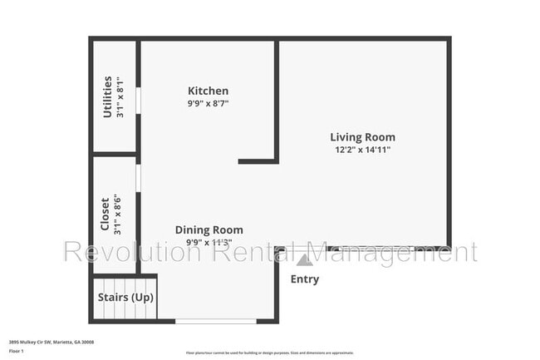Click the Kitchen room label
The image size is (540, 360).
coord(208,91)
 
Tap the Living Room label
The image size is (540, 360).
coord(362,137)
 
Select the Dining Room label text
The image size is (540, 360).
coord(209,230)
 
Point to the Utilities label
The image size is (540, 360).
coord(107,96)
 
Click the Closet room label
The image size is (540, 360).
coord(105,214)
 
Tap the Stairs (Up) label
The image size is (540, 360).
coord(125,297)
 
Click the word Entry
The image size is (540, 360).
coord(304,279)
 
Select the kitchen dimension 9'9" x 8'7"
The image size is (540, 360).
coord(208,104)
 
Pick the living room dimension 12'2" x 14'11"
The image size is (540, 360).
coord(362,150)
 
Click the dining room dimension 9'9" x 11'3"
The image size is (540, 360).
coord(209,243)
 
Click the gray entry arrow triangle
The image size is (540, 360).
coord(305,259)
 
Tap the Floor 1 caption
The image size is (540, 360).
coord(17,352)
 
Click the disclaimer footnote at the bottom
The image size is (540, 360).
coord(269,353)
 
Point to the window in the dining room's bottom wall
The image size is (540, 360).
coord(216,321)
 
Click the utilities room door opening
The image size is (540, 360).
coord(139,100)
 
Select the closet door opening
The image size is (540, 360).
coord(139,178)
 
